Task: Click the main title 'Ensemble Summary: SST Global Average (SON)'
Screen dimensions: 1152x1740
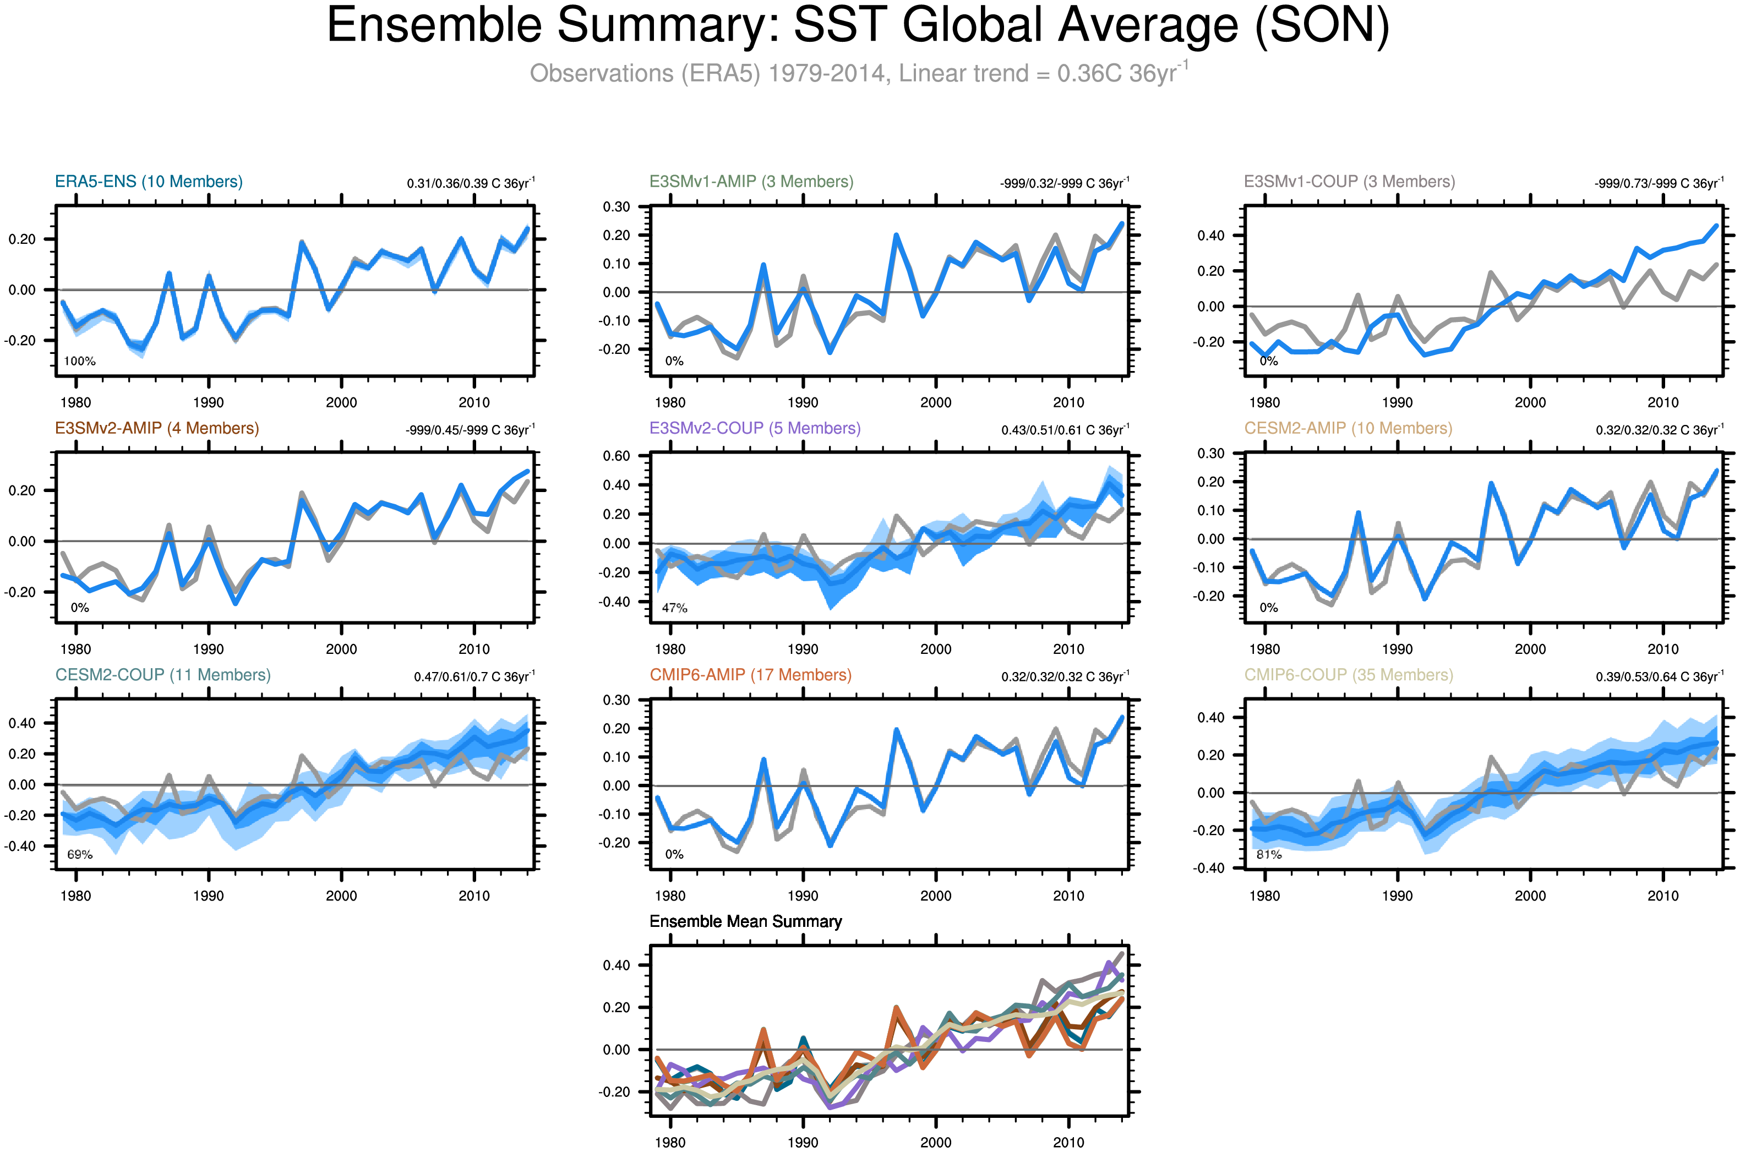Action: coord(858,26)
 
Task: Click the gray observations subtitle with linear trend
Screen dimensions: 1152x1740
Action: coord(858,73)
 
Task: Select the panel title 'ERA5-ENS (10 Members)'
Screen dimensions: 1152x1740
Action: coord(149,182)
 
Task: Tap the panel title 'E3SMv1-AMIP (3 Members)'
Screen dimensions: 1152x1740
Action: coord(751,182)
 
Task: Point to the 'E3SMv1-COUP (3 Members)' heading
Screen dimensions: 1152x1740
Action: coord(1349,182)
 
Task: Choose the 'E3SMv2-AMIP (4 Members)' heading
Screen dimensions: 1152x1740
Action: coord(156,428)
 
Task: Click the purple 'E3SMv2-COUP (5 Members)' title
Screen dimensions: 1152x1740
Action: coord(755,428)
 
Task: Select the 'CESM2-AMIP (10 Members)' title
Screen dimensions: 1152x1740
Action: coord(1348,428)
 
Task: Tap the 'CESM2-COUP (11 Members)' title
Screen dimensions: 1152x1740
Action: coord(162,675)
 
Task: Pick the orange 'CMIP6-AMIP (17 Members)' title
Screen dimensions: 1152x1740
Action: coord(750,675)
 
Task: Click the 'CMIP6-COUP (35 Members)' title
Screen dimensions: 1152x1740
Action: coord(1349,675)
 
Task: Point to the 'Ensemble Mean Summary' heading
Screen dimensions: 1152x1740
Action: coord(745,921)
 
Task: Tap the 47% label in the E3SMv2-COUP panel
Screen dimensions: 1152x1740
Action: coord(674,608)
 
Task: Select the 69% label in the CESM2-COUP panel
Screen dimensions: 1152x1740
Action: coord(79,854)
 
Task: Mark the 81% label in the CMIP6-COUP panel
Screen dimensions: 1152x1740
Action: coord(1269,854)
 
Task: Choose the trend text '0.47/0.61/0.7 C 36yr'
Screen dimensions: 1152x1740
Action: coord(474,676)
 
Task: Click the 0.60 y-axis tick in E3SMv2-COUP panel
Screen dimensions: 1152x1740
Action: coord(616,456)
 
